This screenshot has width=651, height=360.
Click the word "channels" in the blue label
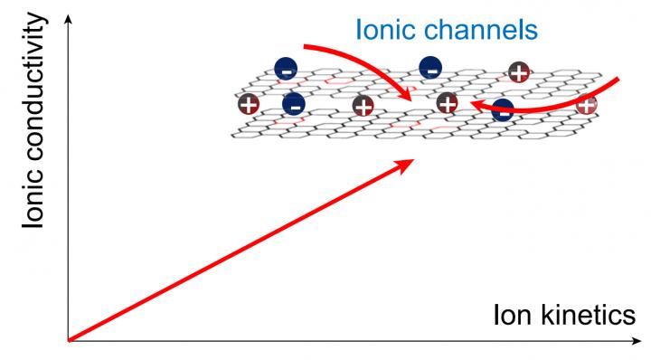(x=479, y=30)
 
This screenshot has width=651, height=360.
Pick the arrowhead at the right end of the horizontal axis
(x=636, y=341)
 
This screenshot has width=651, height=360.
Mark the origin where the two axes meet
(x=68, y=341)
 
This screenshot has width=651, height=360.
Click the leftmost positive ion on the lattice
(x=249, y=105)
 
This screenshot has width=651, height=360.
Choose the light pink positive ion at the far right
(x=586, y=104)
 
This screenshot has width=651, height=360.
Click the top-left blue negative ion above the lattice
(x=285, y=68)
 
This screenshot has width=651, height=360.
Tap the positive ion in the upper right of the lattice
(x=518, y=72)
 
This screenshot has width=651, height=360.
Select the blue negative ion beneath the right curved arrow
(x=503, y=110)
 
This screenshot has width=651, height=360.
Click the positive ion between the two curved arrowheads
(x=447, y=103)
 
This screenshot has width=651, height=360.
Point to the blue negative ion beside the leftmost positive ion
(x=293, y=104)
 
